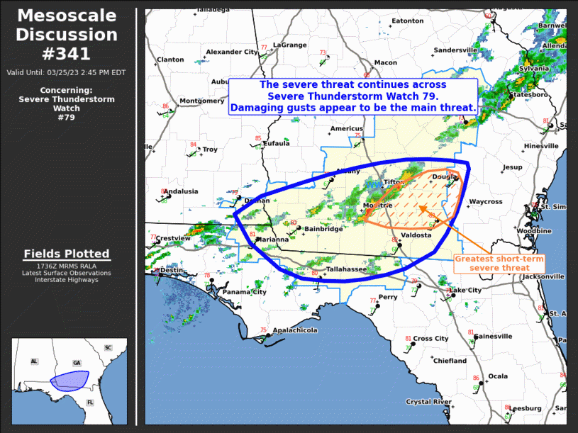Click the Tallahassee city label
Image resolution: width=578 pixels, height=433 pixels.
[x=346, y=269]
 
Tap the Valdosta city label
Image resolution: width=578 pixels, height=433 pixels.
[x=416, y=235]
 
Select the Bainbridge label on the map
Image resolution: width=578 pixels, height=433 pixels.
[x=323, y=229]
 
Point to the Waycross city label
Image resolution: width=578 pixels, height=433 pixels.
[x=485, y=201]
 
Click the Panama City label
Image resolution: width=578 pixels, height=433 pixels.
[x=245, y=292]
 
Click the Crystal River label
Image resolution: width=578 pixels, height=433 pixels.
[x=428, y=402]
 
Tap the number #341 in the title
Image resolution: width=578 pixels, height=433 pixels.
[x=67, y=53]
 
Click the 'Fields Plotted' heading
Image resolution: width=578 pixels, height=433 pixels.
[x=67, y=254]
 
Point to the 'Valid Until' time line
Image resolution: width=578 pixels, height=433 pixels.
[x=67, y=72]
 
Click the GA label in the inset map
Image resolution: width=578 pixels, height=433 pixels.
[x=77, y=362]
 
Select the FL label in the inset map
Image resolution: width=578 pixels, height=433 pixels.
[x=90, y=402]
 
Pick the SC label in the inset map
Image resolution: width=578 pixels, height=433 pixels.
[x=108, y=348]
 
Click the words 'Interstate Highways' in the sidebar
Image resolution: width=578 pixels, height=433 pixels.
[x=67, y=280]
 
